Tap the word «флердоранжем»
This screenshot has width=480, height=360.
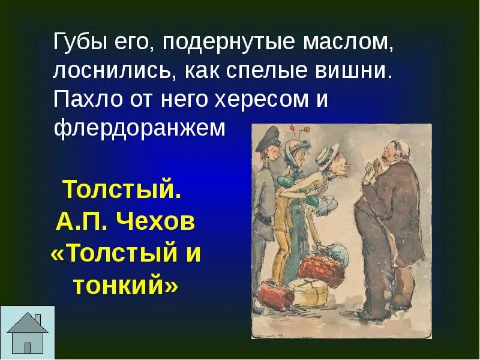coord(140,127)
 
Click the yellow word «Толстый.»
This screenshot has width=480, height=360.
coord(121,190)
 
